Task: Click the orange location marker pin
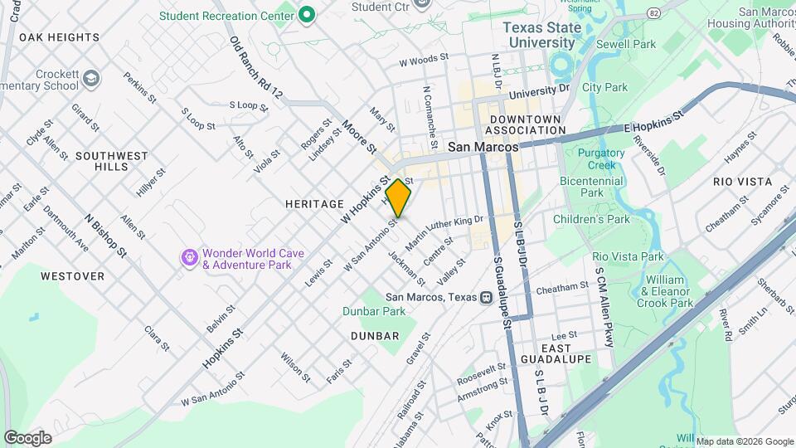pos(398,197)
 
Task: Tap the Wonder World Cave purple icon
pos(190,259)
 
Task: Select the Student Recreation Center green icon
pos(307,15)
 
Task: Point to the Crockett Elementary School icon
pos(90,80)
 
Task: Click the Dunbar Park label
pos(374,311)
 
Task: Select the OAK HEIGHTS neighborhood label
pos(59,37)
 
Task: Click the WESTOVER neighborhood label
pos(72,275)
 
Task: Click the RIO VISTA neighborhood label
pos(742,181)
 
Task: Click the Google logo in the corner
pos(27,437)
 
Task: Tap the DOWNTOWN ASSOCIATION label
pos(524,124)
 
